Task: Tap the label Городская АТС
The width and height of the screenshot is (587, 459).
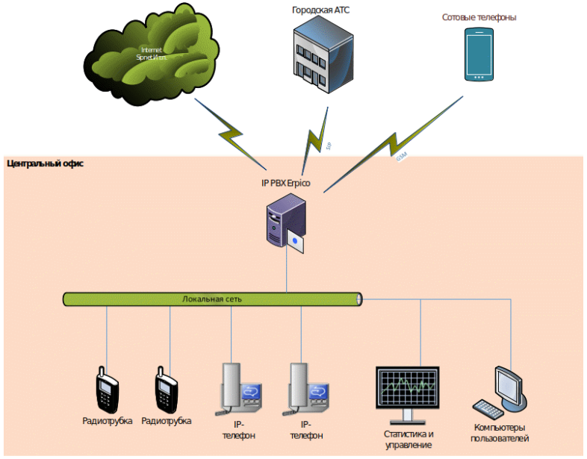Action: click(320, 10)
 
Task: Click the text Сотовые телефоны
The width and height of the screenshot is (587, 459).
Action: click(479, 16)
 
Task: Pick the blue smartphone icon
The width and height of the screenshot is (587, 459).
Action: click(479, 54)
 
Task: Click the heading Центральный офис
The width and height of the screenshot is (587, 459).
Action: click(45, 163)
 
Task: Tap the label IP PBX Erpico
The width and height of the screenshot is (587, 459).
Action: click(285, 183)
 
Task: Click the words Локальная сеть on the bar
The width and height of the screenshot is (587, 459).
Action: click(212, 299)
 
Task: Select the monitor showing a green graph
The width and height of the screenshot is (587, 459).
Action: click(406, 388)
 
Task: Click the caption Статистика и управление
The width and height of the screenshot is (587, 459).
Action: click(408, 440)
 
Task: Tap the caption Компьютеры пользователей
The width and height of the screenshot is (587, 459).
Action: click(500, 433)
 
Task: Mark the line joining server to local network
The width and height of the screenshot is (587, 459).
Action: click(287, 272)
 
